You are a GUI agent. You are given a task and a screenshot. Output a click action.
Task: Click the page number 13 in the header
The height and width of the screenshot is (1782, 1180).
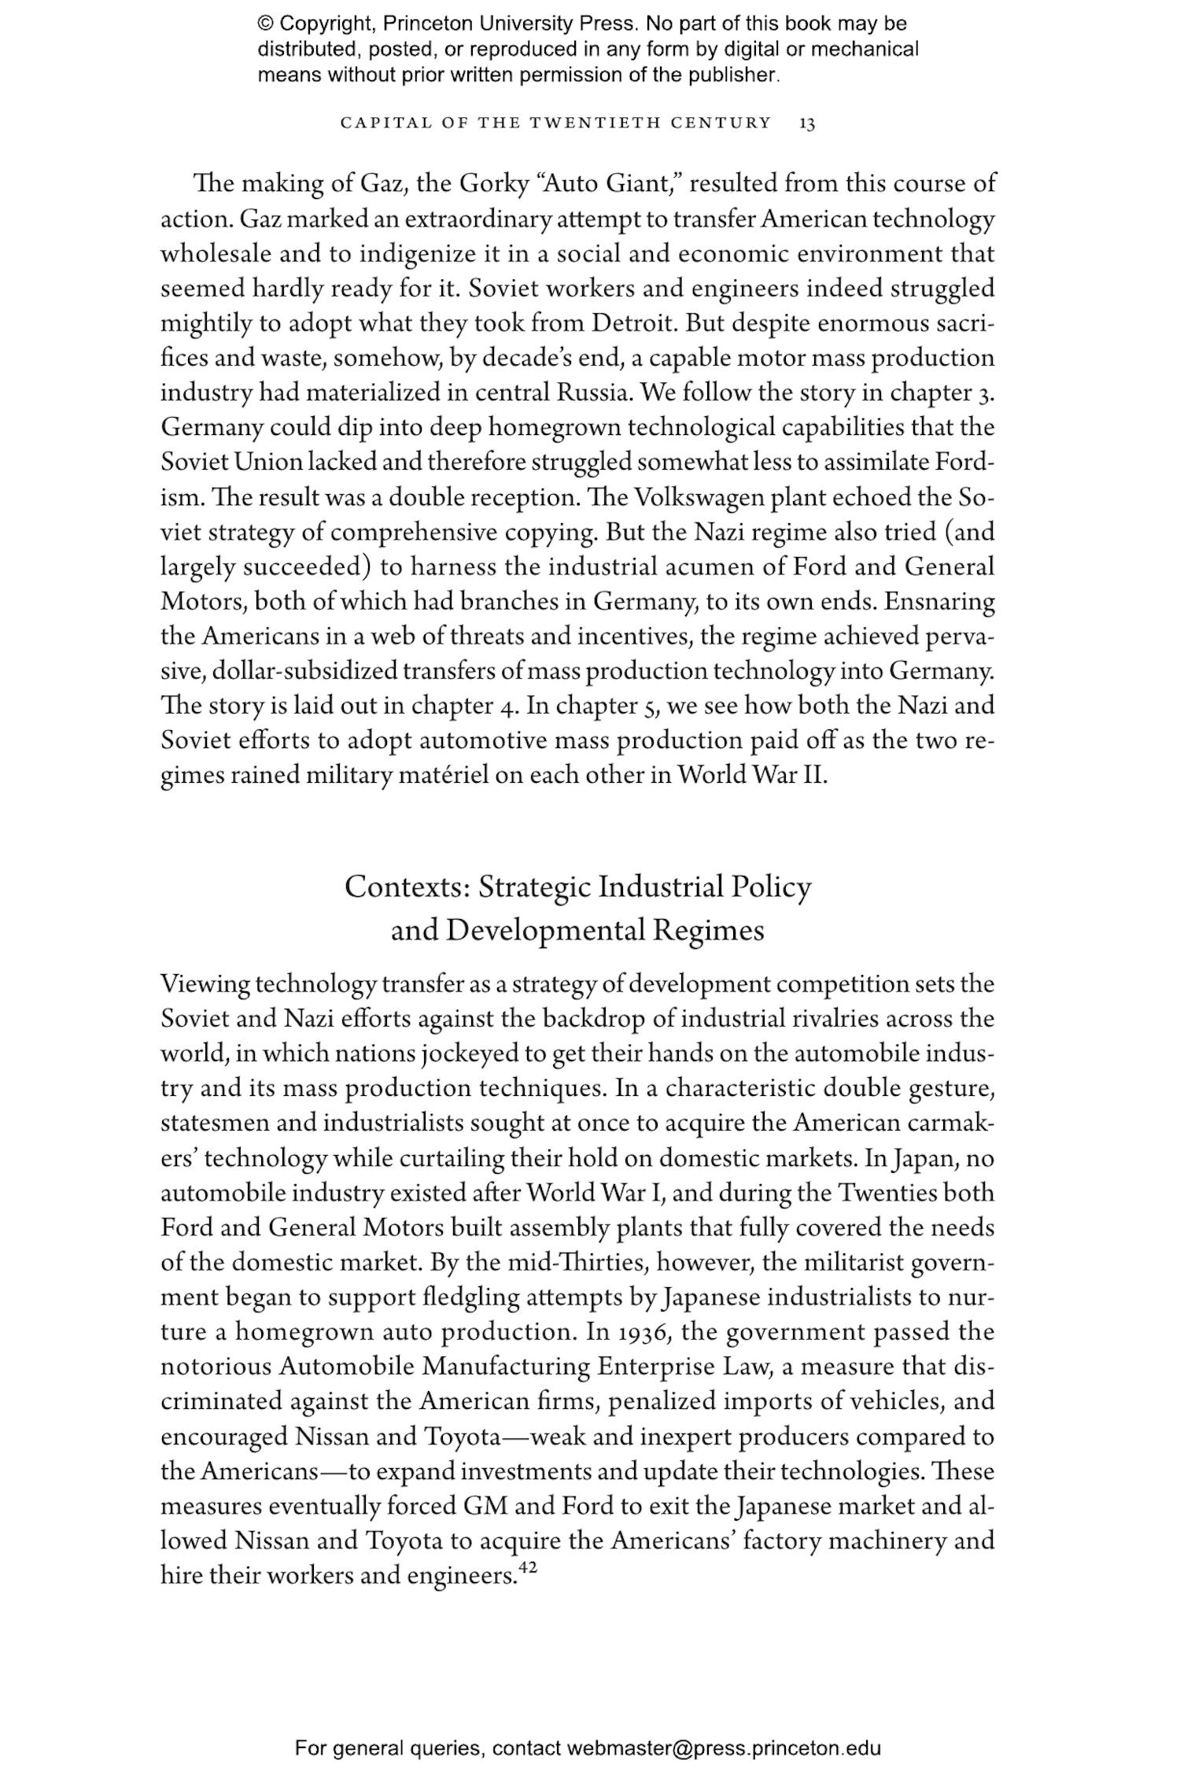click(x=806, y=123)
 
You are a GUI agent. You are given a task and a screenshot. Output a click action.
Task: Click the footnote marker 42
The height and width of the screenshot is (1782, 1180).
click(x=527, y=1569)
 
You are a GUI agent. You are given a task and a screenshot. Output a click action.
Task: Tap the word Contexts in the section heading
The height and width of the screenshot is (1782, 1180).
click(x=407, y=887)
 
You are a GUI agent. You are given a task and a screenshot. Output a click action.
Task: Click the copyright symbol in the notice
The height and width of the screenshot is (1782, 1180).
click(x=265, y=24)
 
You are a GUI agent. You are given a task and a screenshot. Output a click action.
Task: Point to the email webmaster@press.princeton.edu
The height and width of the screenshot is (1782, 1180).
click(x=723, y=1748)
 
